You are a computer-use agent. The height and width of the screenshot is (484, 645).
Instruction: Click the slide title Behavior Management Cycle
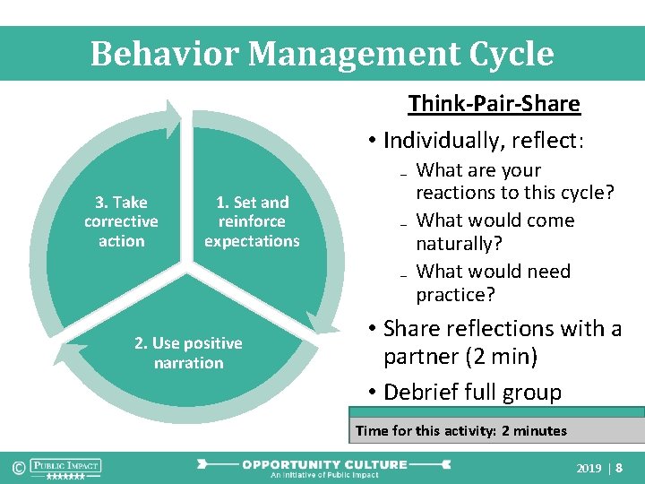coord(322,54)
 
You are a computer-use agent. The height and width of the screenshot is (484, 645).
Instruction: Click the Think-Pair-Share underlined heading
coord(494,104)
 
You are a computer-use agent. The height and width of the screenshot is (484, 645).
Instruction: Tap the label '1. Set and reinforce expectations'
coord(252,221)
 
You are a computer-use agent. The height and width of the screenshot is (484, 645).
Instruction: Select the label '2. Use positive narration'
coord(188,353)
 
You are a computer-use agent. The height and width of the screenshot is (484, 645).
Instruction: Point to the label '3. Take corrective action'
coord(121,221)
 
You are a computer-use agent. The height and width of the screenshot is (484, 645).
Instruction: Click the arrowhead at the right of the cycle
coord(319,322)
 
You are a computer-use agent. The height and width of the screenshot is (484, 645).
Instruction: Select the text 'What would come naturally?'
coord(495,231)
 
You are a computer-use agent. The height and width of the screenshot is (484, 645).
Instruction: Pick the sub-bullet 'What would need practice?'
coord(493,282)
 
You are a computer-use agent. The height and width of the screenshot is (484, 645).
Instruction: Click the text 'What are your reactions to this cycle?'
coord(514,181)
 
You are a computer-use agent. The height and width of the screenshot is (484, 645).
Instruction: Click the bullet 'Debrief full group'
coord(472,393)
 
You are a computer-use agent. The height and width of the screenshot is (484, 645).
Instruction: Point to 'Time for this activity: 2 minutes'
coord(460,431)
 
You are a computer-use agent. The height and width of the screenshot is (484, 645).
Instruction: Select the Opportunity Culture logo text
coord(324,464)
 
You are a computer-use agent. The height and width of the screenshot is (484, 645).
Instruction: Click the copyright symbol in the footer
coord(17,467)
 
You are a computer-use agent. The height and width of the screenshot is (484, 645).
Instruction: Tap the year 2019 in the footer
coord(589,468)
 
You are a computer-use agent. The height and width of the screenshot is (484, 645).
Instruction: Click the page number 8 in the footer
coord(619,468)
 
